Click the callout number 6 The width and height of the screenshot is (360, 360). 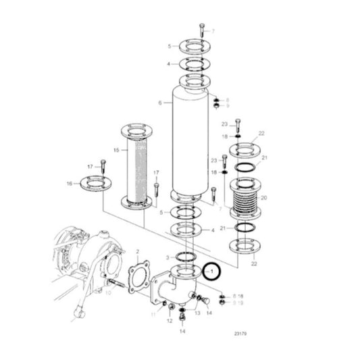[160, 103]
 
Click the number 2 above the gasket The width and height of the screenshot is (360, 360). [137, 251]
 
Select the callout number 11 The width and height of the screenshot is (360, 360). [153, 315]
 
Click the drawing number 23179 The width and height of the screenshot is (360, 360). [240, 333]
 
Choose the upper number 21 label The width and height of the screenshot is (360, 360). [265, 157]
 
